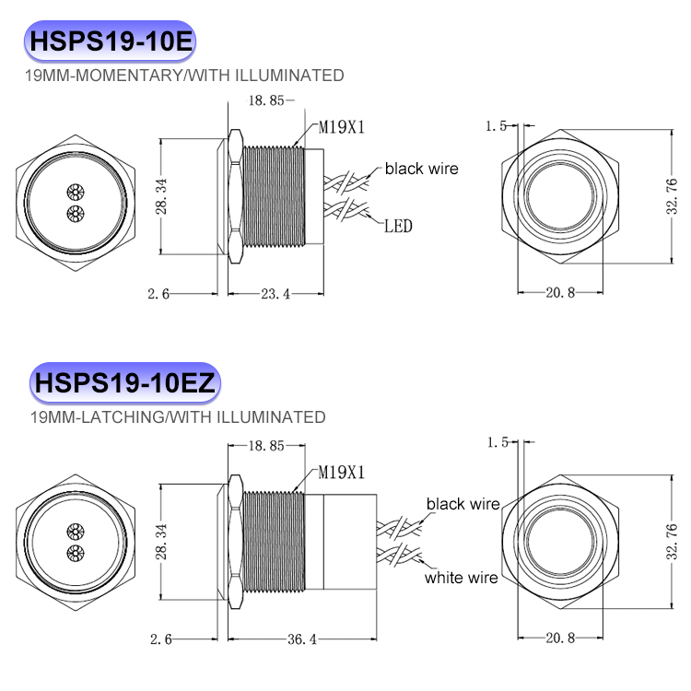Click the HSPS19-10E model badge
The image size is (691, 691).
click(110, 41)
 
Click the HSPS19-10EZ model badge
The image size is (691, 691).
click(124, 383)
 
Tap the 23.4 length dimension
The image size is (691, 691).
click(275, 294)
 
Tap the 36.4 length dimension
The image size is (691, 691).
click(297, 638)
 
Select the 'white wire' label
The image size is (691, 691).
click(461, 578)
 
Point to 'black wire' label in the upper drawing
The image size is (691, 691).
click(421, 168)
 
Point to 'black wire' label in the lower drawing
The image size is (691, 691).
click(463, 504)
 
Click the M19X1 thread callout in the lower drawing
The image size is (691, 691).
click(342, 473)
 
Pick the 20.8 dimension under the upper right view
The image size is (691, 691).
click(559, 293)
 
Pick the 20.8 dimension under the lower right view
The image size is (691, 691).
click(559, 638)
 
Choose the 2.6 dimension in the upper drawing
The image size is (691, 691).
click(158, 294)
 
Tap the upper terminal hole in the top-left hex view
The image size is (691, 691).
click(74, 192)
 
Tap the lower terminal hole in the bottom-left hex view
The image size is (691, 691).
click(74, 554)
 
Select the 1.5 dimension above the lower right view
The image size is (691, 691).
click(498, 443)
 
